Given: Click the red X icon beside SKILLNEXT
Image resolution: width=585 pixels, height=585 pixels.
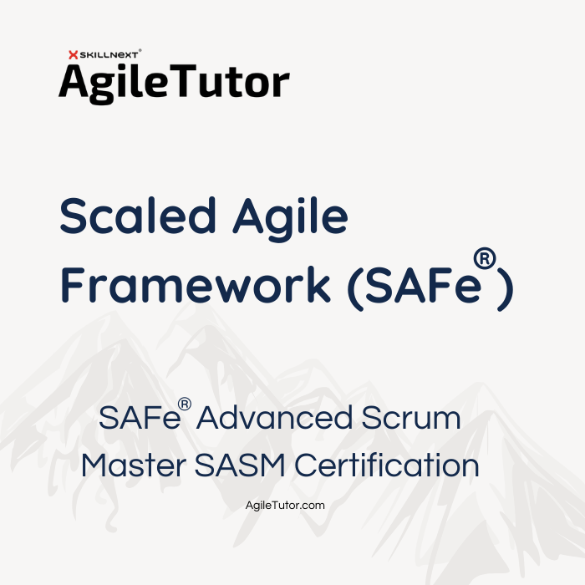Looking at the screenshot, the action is (74, 55).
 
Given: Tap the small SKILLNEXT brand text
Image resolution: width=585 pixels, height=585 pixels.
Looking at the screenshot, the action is (109, 55).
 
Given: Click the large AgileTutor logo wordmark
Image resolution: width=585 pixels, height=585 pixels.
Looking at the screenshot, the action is (174, 83).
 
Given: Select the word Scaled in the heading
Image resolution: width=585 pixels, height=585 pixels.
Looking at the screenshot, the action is (138, 216).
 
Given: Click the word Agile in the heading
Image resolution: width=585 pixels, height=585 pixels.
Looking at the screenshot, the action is (290, 219).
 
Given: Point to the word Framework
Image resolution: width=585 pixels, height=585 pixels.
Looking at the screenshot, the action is (196, 285).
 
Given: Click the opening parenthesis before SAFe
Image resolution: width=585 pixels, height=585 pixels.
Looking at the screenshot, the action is (355, 289).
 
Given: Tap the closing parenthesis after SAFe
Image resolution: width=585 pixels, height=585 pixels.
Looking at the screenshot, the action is (506, 289).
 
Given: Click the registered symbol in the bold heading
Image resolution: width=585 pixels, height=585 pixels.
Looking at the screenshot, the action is (485, 259).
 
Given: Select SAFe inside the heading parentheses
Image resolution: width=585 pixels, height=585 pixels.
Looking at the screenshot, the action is (424, 286).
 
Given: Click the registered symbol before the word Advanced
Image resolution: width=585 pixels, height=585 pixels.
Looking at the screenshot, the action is (185, 404).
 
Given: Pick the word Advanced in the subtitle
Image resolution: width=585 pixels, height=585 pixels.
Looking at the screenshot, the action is (274, 418).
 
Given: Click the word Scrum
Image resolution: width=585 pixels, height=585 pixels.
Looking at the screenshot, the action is (411, 418).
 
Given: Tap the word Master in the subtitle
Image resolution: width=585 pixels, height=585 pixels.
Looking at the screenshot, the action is (134, 465).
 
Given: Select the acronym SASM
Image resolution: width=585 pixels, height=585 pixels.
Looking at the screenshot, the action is (241, 465).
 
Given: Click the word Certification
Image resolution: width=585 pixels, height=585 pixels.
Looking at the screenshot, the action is (386, 465).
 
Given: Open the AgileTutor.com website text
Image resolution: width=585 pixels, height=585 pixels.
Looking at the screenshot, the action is (285, 505).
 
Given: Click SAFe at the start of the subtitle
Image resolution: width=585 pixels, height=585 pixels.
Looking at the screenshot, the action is (140, 418).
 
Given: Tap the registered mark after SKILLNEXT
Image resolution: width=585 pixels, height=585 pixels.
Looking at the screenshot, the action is (140, 50).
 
